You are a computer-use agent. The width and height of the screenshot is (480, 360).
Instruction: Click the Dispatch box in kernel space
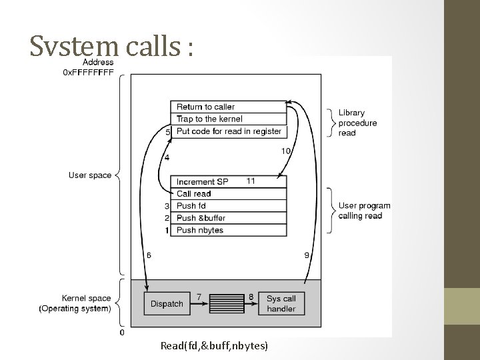point(167,303)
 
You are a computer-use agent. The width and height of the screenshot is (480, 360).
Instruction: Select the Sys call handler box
point(281,303)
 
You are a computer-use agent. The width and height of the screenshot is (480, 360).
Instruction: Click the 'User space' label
point(90,175)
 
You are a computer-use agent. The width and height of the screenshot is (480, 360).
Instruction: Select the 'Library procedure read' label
point(357,123)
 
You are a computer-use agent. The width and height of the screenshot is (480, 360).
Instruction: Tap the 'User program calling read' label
point(364,210)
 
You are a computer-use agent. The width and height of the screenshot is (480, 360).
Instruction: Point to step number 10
point(285,151)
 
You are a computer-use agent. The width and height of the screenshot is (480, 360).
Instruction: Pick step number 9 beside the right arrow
point(306,255)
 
